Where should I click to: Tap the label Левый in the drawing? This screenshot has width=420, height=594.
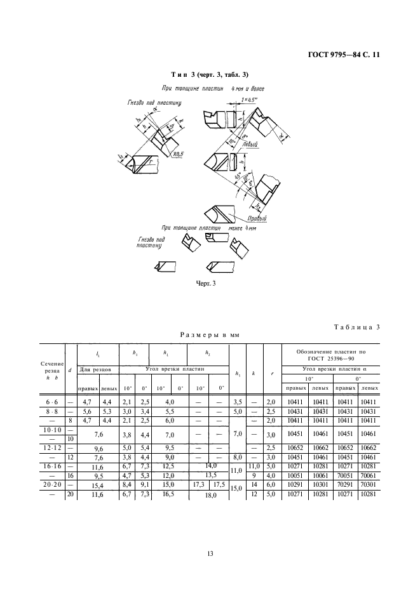tap(250, 145)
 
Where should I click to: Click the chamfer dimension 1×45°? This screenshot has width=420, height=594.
tap(253, 100)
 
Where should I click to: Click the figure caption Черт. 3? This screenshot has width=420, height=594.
tap(205, 283)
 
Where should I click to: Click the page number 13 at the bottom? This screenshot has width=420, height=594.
tap(210, 554)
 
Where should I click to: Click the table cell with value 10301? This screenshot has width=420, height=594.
tap(321, 485)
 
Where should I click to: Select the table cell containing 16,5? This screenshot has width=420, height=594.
tap(168, 494)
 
